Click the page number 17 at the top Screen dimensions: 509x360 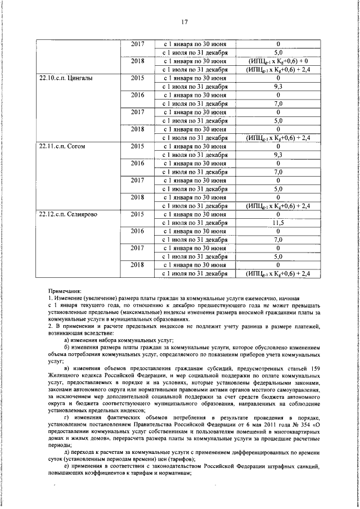click(x=183, y=22)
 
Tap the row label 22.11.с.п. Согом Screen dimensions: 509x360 click(x=61, y=146)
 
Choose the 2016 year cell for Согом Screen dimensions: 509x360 click(x=138, y=163)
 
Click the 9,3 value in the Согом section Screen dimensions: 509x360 click(x=278, y=155)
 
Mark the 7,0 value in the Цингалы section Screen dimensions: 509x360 click(x=278, y=104)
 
